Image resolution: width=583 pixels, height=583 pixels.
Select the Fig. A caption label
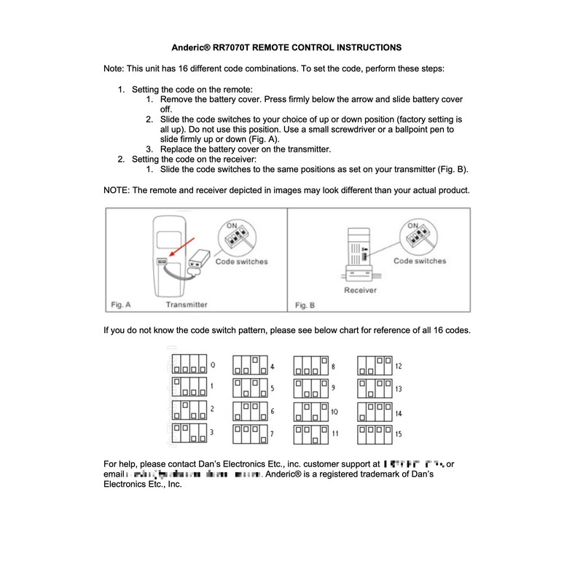click(x=120, y=305)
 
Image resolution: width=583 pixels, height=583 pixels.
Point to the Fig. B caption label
click(x=305, y=305)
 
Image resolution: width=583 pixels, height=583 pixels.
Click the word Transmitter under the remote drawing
click(x=187, y=305)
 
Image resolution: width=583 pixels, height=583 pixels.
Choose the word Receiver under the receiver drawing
click(x=360, y=290)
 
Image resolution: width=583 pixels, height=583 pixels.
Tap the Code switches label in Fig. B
click(x=420, y=261)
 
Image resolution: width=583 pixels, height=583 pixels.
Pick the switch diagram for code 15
click(x=375, y=434)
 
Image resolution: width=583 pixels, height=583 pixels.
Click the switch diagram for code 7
click(x=249, y=434)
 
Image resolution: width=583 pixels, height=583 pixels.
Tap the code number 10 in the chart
click(x=334, y=412)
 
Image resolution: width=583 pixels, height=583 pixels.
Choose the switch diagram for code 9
click(x=310, y=388)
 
